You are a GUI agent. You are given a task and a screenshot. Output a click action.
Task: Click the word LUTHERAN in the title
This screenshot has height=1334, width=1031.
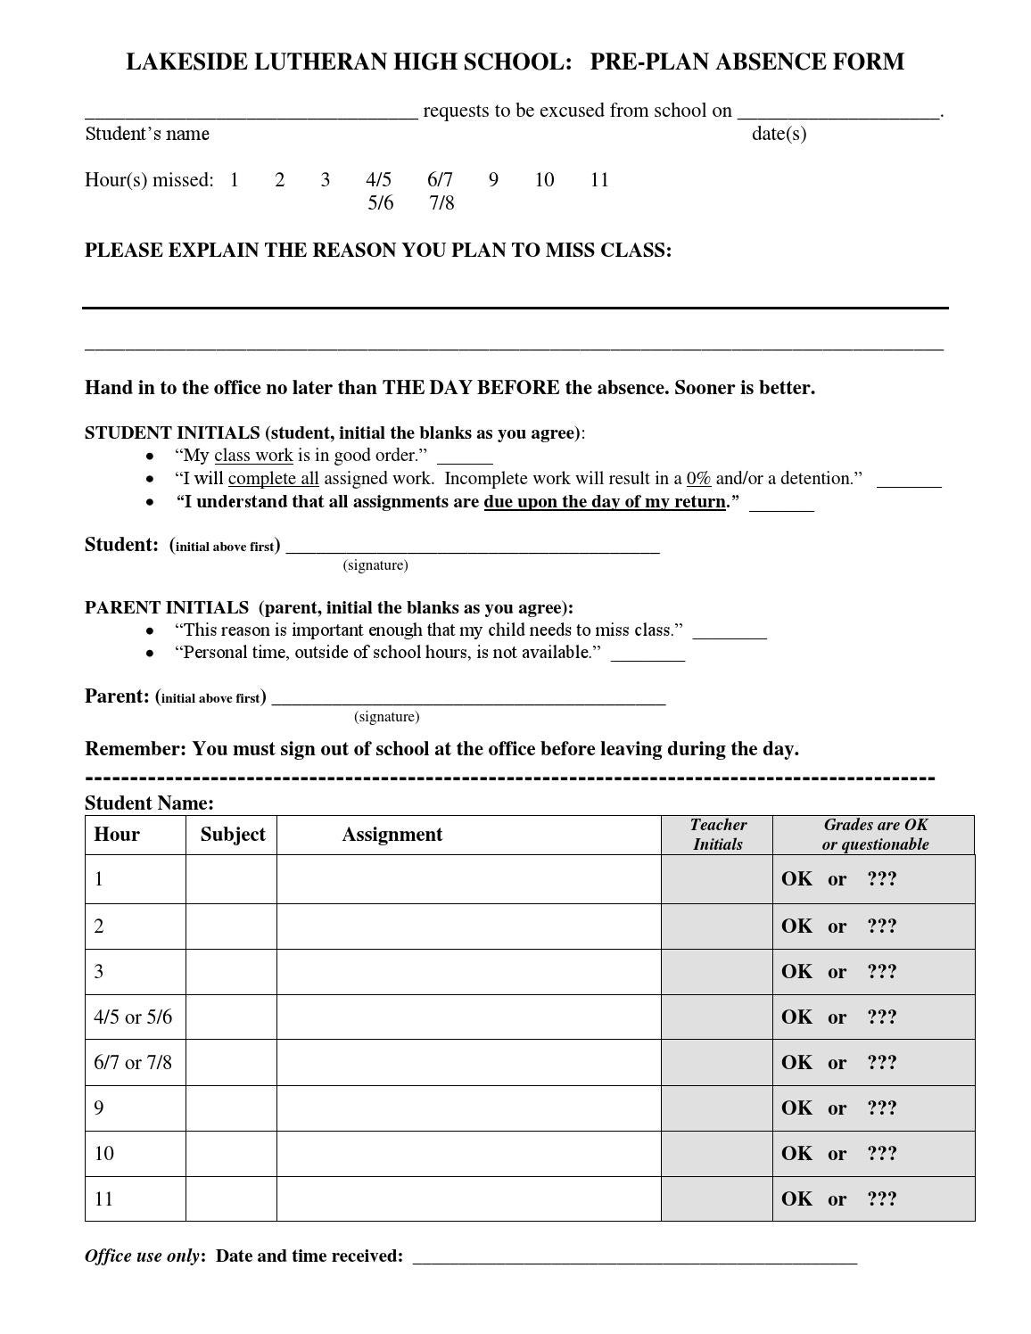click(x=322, y=62)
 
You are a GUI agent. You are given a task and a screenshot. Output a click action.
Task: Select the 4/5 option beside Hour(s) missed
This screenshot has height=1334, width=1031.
click(x=378, y=180)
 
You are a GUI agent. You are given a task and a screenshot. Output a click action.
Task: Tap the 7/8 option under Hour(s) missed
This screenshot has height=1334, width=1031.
click(x=441, y=203)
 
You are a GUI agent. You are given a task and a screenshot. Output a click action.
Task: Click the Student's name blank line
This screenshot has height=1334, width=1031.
click(x=251, y=114)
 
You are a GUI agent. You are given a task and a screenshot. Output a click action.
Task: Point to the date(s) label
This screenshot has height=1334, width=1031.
click(x=779, y=134)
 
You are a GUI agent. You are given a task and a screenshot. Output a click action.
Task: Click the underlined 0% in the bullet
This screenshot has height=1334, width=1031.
click(x=698, y=479)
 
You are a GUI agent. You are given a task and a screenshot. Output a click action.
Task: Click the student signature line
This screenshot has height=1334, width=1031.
click(x=472, y=548)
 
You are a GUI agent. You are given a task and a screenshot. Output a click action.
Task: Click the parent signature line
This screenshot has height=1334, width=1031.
click(x=468, y=700)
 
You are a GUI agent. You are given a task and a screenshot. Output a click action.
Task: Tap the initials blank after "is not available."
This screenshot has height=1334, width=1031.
click(x=647, y=655)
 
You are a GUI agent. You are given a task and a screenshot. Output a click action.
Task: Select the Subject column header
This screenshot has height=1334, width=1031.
click(x=232, y=835)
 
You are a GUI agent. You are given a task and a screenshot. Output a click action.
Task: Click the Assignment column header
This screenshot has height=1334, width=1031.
click(x=392, y=835)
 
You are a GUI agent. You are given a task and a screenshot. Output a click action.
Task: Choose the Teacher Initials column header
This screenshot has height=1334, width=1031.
click(x=717, y=835)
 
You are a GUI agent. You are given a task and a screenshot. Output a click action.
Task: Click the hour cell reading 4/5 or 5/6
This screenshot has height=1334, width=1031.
click(x=133, y=1017)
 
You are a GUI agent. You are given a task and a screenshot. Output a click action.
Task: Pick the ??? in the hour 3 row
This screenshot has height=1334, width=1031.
click(x=881, y=972)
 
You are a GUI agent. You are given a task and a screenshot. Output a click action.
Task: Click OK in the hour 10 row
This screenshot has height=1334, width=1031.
click(x=796, y=1154)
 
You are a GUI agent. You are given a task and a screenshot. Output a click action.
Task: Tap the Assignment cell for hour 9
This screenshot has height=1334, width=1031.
click(x=468, y=1108)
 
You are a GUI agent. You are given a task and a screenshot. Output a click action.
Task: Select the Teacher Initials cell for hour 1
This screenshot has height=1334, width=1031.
click(x=716, y=879)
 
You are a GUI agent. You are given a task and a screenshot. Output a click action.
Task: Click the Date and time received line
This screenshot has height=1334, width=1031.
click(x=634, y=1258)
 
